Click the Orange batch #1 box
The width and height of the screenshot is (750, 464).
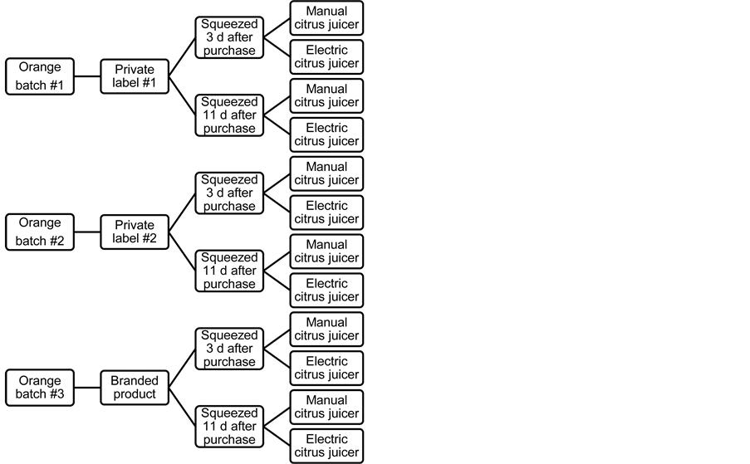[40, 76]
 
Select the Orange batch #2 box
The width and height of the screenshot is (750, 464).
[40, 232]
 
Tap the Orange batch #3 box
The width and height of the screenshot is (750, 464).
[40, 388]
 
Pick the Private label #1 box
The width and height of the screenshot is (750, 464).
[134, 76]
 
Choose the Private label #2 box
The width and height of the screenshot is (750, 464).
[134, 232]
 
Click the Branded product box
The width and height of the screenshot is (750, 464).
[134, 388]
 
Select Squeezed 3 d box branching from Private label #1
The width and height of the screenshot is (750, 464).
[229, 37]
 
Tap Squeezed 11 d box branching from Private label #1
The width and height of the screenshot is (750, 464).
[229, 115]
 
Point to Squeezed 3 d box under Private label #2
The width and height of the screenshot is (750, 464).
[229, 193]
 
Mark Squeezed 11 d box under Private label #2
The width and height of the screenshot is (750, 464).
[229, 271]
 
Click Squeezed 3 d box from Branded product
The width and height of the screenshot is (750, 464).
[229, 349]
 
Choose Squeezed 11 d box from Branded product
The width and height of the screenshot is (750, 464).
[229, 427]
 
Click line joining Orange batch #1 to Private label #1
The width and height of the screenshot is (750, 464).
[86, 76]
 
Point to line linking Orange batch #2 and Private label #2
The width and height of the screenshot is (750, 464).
[86, 232]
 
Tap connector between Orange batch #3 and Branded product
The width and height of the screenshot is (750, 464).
[86, 388]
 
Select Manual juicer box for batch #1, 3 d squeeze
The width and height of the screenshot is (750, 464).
[326, 18]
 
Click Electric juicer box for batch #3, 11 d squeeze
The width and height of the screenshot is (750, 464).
[326, 446]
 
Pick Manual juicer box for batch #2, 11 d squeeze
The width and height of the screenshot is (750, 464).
[326, 252]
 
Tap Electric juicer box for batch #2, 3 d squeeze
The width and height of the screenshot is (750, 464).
[326, 212]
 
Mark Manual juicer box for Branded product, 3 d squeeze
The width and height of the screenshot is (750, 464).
[326, 330]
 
